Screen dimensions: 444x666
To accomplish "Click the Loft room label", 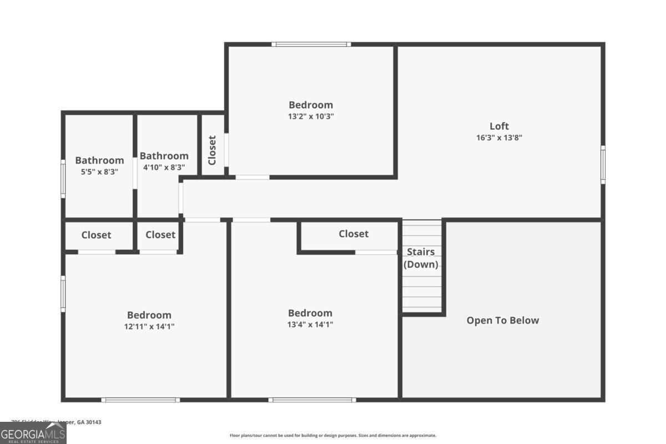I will tap(499, 126).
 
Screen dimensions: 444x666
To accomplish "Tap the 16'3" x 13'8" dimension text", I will tap(499, 138).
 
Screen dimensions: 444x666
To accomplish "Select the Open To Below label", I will tap(502, 320).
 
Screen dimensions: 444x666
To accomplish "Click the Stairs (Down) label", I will tap(421, 258).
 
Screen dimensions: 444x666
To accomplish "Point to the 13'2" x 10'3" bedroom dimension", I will tap(311, 117).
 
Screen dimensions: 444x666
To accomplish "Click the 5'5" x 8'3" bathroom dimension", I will tap(99, 172).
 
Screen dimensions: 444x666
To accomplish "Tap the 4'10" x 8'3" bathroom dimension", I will tap(164, 167).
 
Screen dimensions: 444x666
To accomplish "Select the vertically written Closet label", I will tap(212, 150).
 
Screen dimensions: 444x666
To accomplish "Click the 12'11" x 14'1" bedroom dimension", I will tap(149, 326).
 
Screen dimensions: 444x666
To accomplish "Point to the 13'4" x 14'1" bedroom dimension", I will tap(310, 324).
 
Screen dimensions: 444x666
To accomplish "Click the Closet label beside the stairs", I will tap(354, 234).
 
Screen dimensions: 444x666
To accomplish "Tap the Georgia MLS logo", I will tap(33, 433).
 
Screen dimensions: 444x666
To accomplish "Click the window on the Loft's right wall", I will tap(603, 164).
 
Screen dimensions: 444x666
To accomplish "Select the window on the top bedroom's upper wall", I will tap(311, 44).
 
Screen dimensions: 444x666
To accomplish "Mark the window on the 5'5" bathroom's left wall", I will tap(63, 178).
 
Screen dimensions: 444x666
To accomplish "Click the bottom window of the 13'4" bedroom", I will tap(312, 400).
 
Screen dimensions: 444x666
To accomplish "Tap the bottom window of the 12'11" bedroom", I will tap(140, 400).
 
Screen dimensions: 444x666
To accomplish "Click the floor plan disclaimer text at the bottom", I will tap(333, 436).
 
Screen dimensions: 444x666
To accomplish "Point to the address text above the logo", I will tap(57, 422).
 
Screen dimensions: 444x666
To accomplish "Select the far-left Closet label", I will tap(96, 235).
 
